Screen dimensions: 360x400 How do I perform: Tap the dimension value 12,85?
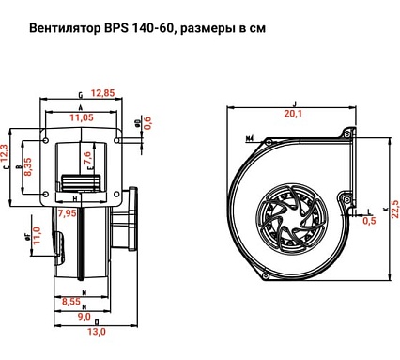click(x=102, y=92)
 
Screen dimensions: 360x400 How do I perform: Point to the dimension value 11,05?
click(x=84, y=117)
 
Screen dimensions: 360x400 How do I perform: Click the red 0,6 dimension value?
click(x=146, y=125)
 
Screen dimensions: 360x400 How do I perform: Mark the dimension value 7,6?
click(x=88, y=157)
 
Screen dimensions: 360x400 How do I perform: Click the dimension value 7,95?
click(x=67, y=213)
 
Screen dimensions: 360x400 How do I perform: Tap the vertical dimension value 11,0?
click(x=37, y=238)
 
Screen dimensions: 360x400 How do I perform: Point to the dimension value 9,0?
click(x=83, y=317)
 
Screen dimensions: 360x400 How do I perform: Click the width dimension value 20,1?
click(x=293, y=113)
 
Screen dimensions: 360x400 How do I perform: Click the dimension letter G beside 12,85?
click(x=81, y=94)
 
